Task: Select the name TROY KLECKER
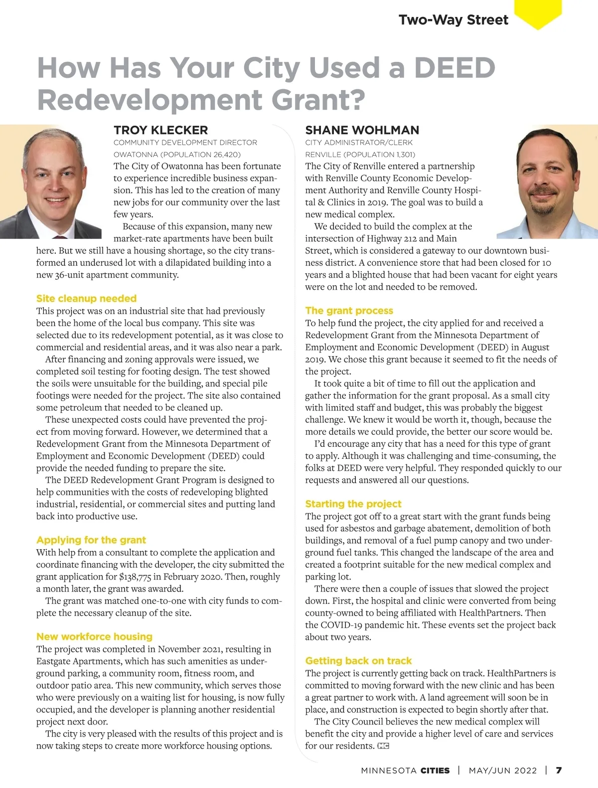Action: pos(160,130)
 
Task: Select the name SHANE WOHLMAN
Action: pos(362,130)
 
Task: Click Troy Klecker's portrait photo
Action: pos(50,182)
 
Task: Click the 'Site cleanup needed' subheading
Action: pos(86,298)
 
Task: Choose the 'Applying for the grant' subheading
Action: pos(91,540)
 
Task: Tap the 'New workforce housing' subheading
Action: pos(94,636)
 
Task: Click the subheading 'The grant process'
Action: pos(349,310)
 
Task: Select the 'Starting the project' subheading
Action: pos(353,504)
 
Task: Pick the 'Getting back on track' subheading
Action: pos(358,660)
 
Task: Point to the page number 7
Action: pos(559,770)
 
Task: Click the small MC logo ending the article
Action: pos(383,746)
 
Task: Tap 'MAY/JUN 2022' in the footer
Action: pos(502,770)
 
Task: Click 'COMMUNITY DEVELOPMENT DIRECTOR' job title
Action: pos(185,143)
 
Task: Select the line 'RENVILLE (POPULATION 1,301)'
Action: pos(360,155)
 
